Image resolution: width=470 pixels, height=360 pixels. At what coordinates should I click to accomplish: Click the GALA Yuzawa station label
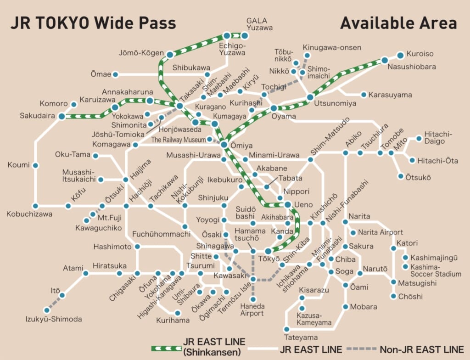point(260,24)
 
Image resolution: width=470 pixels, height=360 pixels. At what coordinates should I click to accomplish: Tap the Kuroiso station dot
point(400,55)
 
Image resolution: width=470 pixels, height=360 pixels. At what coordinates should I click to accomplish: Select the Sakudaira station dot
point(62,116)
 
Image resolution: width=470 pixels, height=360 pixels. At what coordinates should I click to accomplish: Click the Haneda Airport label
point(252,309)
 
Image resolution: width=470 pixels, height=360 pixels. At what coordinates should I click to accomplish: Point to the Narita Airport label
point(380,232)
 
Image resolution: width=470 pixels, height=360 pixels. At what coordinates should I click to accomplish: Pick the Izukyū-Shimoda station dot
point(47,310)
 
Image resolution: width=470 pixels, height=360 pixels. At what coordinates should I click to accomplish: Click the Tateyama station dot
point(286,329)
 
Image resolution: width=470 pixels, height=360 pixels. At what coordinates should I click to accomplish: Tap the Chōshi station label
point(410,297)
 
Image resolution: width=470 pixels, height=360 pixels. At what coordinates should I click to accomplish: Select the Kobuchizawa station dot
point(35,206)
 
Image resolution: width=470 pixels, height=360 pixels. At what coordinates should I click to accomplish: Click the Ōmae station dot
point(115,74)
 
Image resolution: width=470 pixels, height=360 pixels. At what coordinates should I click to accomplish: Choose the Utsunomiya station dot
point(310,97)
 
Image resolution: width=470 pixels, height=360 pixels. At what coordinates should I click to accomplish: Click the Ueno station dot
point(287,204)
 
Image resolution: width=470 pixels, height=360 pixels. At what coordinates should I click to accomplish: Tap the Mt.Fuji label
point(109,218)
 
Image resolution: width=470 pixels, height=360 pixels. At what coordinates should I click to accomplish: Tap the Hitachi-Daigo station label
point(438,137)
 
